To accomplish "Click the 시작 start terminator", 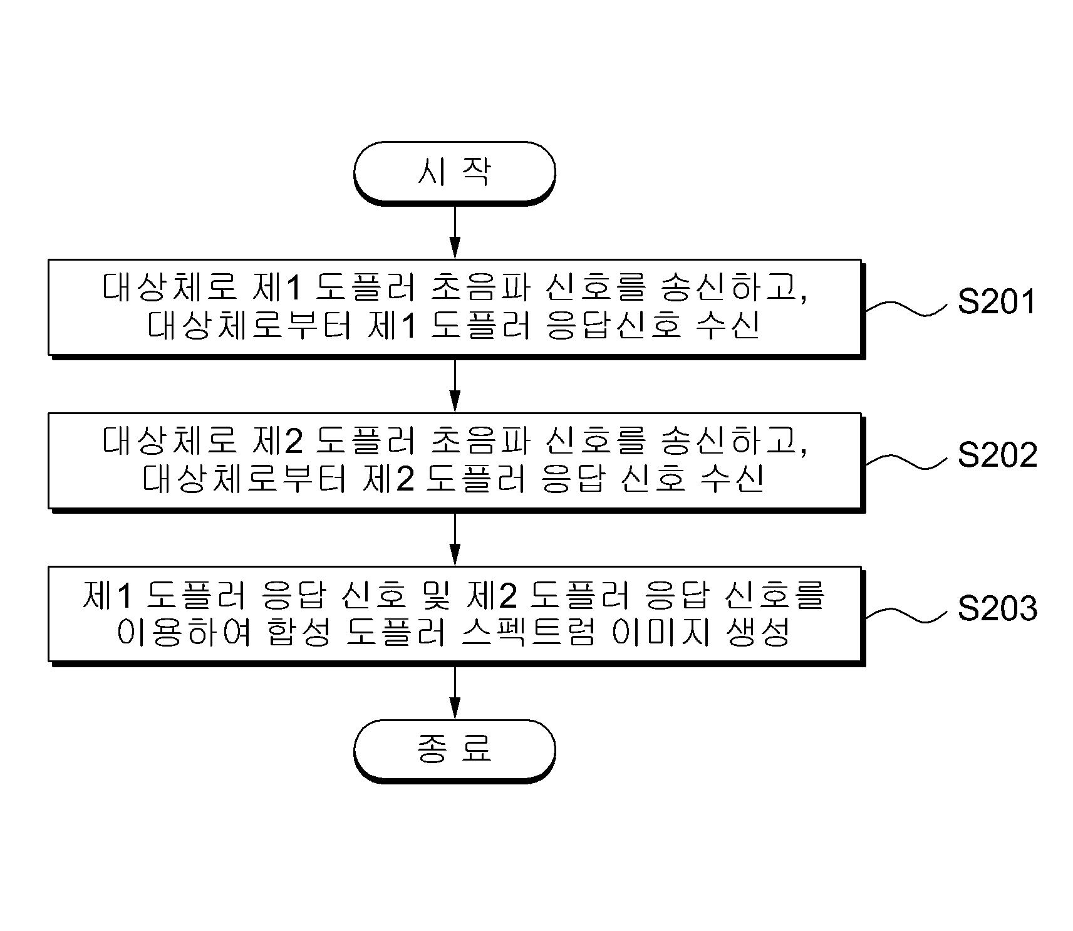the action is [x=455, y=172].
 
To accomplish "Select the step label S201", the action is [x=997, y=302].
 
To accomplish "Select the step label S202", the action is [x=997, y=455].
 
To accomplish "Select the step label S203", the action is [x=997, y=608].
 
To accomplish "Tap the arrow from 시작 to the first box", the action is [x=455, y=231].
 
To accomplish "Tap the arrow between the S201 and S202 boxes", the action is [x=455, y=385].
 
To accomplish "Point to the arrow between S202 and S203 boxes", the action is [x=455, y=539].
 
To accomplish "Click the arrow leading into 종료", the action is [x=455, y=692].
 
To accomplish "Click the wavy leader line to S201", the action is [x=907, y=307].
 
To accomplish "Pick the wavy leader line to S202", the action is [x=907, y=460].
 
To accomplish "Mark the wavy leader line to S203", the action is [x=907, y=614].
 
